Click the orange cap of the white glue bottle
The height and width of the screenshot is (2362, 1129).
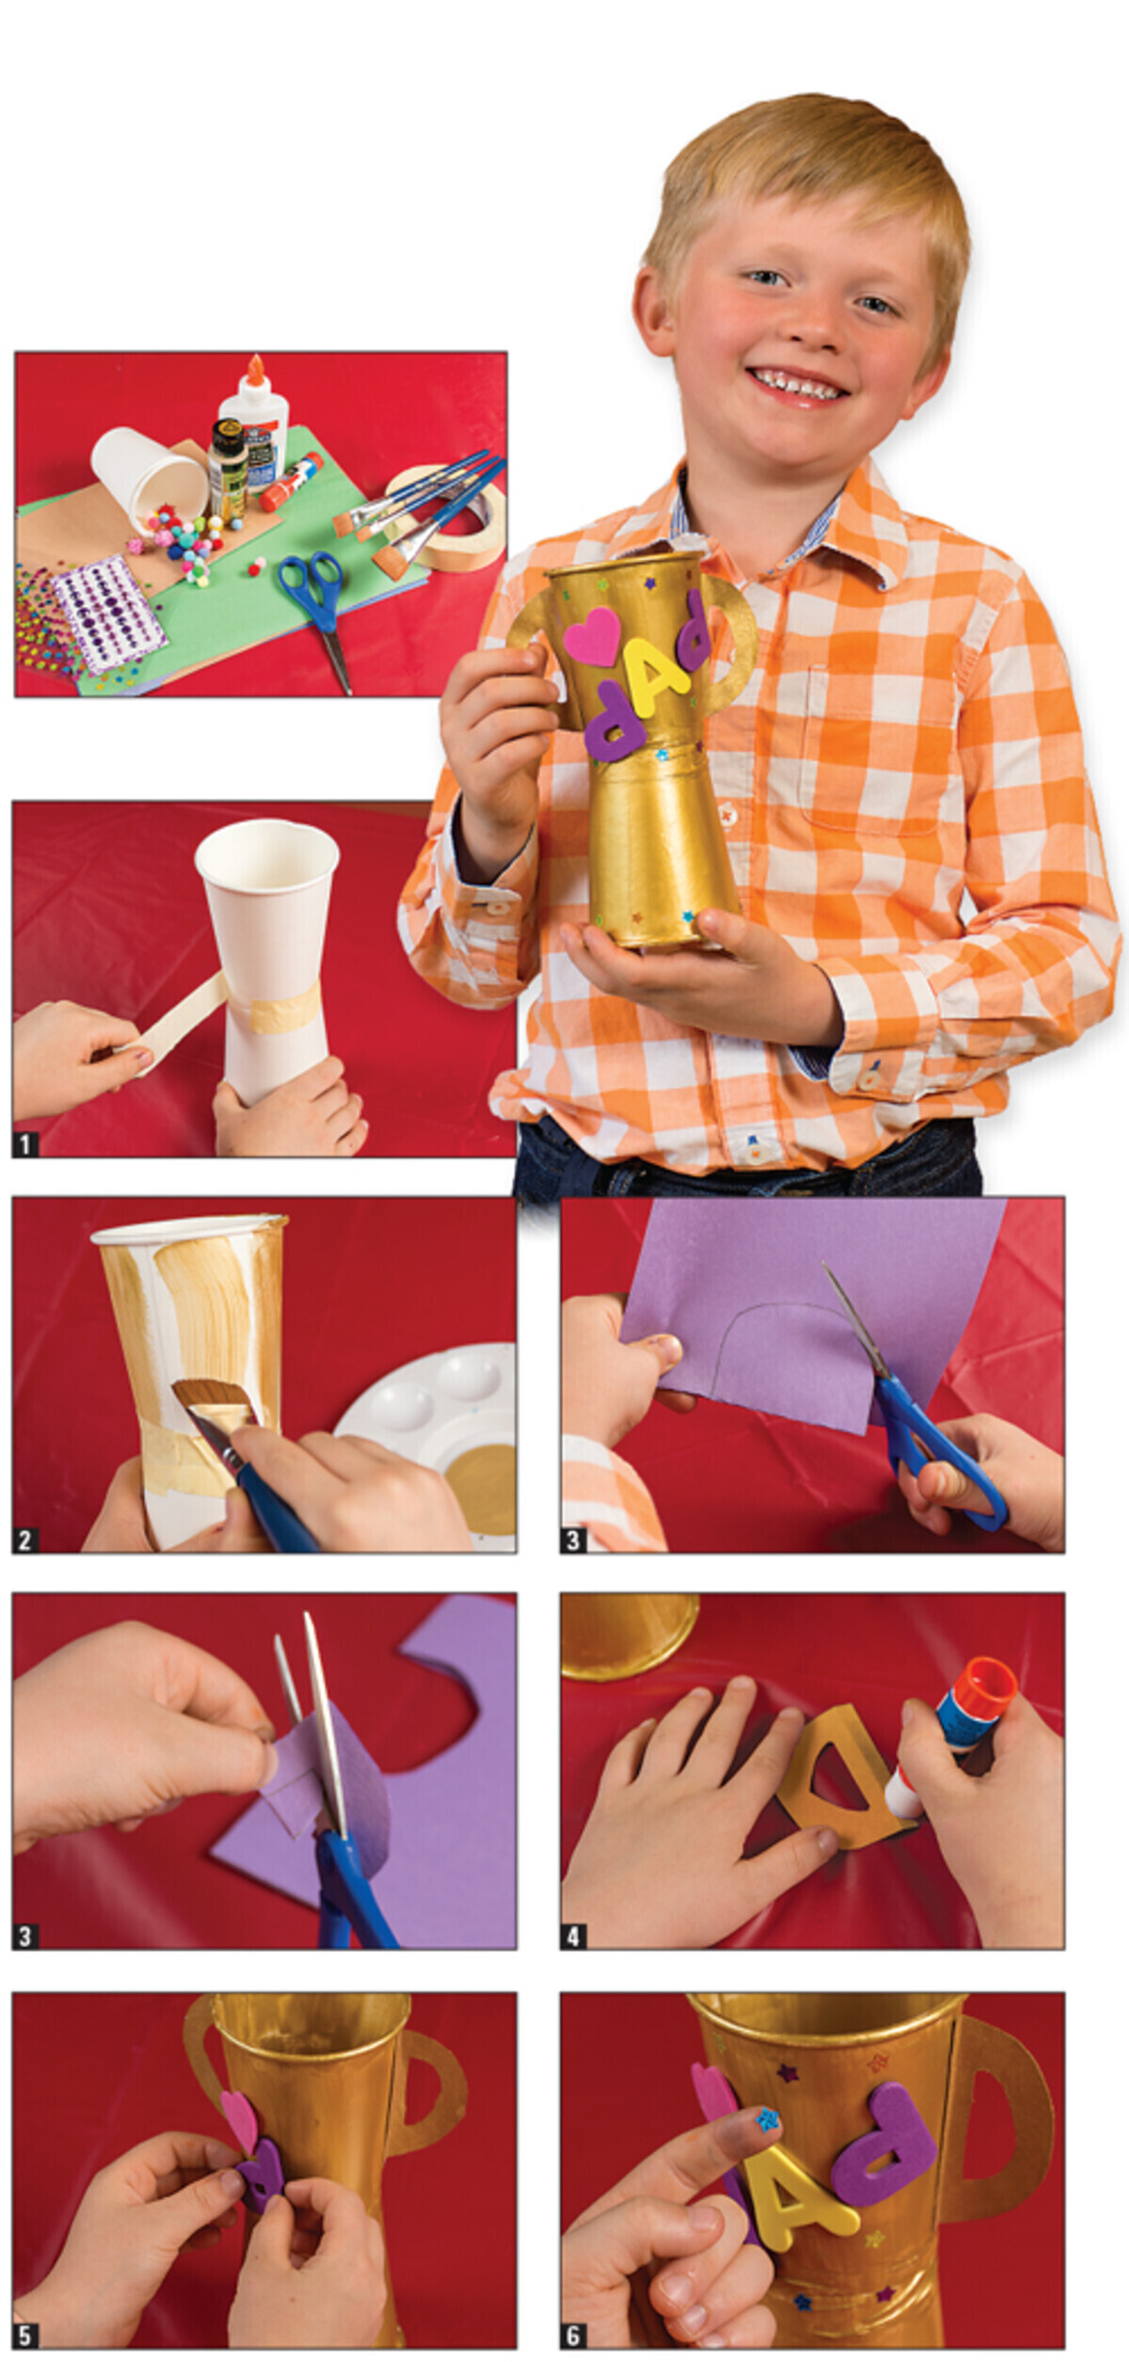tap(255, 371)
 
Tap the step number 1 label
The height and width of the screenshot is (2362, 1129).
tap(25, 1144)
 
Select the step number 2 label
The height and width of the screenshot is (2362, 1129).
tap(25, 1540)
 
